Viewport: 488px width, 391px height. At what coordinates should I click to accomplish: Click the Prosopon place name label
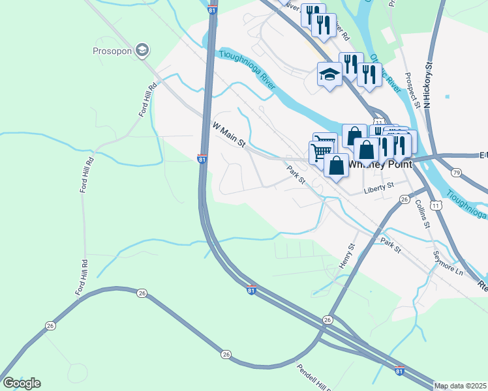coord(113,50)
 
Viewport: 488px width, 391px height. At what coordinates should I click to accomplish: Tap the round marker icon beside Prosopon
coord(142,50)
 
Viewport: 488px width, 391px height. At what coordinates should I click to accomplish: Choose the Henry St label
coord(346,255)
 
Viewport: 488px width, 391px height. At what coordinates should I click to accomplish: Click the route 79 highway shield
coord(456,173)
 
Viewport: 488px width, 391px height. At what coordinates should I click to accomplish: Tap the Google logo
coord(22,383)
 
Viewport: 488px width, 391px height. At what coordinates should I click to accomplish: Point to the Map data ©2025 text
coord(461,386)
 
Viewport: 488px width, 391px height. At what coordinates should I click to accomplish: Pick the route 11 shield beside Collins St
coord(436,205)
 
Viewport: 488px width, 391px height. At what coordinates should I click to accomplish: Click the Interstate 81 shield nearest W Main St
coord(202,158)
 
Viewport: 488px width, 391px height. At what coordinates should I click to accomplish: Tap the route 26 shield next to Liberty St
coord(404,199)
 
